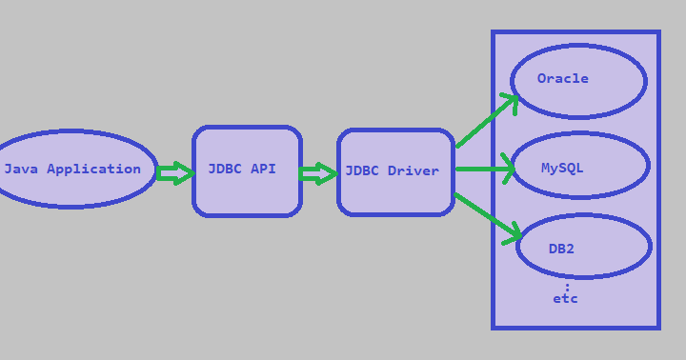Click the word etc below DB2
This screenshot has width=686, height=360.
point(565,299)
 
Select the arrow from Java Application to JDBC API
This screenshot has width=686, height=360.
point(174,173)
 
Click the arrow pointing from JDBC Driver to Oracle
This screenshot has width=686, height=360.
point(487,120)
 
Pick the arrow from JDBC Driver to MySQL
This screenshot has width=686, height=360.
point(485,170)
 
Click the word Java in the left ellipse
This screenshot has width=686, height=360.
point(21,170)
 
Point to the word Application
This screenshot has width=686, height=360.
point(93,170)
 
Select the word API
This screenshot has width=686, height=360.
point(263,170)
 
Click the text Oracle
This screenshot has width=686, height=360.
point(562,79)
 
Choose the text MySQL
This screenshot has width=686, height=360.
point(562,169)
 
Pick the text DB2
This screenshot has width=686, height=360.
point(561,250)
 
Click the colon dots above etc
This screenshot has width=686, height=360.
point(567,287)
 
